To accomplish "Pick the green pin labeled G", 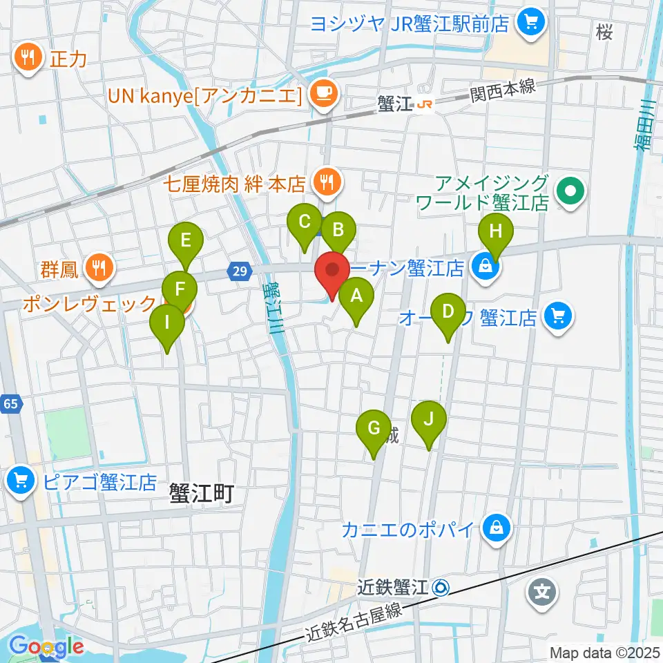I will [x=374, y=429].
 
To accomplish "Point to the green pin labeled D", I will [x=448, y=312].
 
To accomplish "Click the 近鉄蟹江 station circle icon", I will [x=441, y=588].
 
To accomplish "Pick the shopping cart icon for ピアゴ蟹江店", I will [x=21, y=481].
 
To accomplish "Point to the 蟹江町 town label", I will [x=202, y=492].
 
